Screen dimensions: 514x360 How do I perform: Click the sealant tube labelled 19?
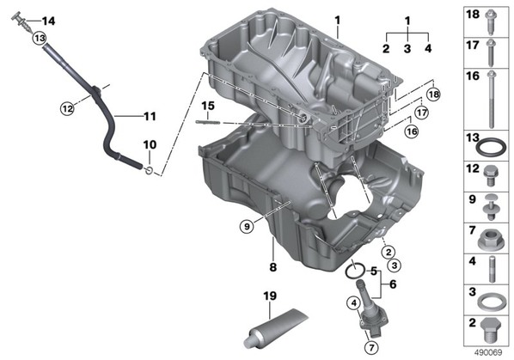[274, 327]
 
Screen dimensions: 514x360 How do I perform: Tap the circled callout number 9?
[247, 226]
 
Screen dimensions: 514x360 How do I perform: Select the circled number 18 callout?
[433, 95]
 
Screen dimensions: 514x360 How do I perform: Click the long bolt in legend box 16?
[491, 100]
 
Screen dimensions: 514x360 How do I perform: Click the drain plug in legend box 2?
[491, 331]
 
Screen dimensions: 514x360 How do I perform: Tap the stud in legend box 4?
[492, 270]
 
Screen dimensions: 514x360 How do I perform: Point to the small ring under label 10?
[149, 170]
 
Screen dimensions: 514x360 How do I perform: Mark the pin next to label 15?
[207, 122]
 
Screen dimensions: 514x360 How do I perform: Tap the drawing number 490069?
[488, 352]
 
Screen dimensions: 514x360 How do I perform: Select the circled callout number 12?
[67, 108]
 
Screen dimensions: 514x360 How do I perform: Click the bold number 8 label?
[272, 267]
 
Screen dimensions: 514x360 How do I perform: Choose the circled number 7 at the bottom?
[371, 348]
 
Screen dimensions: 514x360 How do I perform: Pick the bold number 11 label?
[150, 116]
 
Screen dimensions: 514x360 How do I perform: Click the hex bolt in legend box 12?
[491, 175]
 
